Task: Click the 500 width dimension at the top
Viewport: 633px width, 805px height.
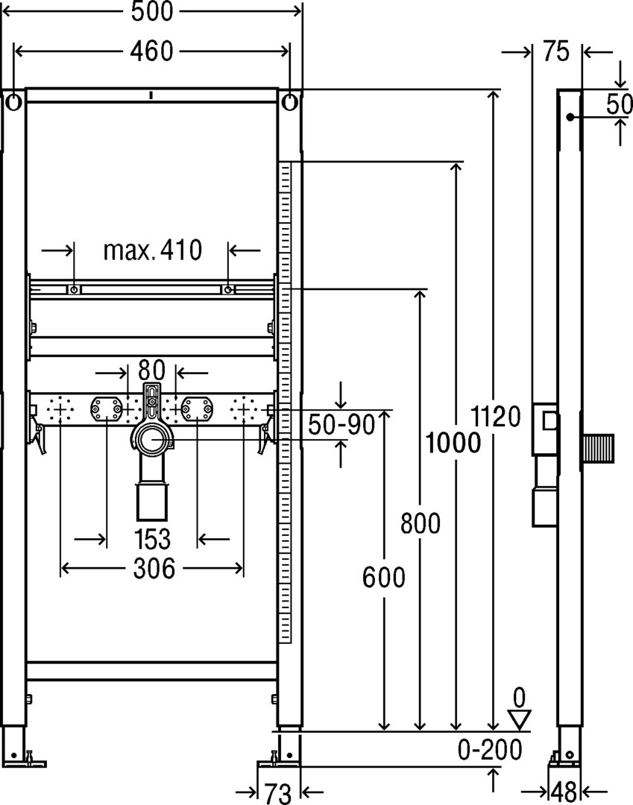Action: point(152,11)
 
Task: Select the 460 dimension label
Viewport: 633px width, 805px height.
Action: point(152,51)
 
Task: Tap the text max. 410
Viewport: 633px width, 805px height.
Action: point(153,250)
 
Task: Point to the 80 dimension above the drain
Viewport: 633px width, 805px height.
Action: point(151,370)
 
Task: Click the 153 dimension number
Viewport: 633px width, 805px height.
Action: point(152,539)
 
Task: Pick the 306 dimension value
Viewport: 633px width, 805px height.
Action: point(154,568)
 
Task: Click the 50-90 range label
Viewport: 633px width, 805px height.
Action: point(341,425)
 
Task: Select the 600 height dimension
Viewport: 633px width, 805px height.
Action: point(383,577)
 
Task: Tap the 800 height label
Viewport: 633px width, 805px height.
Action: point(421,524)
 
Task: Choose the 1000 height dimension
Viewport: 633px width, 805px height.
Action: point(453,443)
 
